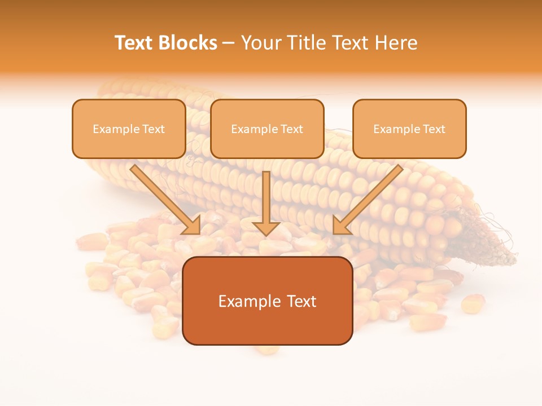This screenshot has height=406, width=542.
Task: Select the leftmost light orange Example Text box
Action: (x=129, y=129)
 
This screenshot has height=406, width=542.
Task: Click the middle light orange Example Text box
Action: (x=267, y=129)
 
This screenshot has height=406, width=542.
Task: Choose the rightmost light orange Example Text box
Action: (x=409, y=129)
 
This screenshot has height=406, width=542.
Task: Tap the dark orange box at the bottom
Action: (x=268, y=301)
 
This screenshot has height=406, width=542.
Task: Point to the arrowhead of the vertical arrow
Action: (x=266, y=227)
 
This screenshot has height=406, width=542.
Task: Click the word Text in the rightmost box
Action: (x=434, y=129)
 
